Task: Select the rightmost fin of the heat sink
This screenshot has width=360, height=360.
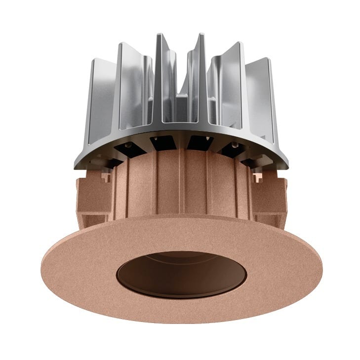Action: click(x=266, y=106)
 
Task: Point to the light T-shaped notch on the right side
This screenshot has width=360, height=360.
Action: click(x=257, y=176)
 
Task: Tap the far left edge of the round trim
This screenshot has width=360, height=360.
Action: click(x=42, y=264)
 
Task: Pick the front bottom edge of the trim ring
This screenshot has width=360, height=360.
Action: click(x=182, y=321)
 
